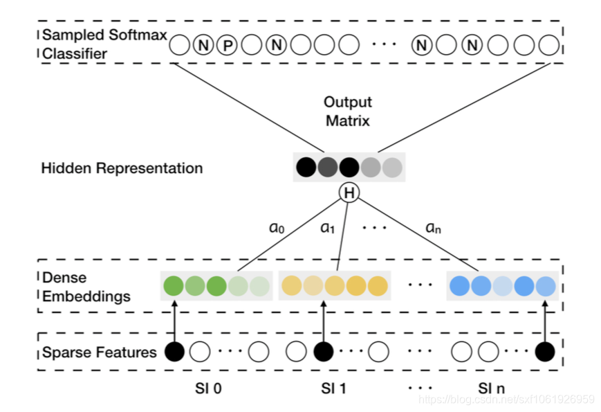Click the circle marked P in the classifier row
[x=226, y=46]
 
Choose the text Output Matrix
[x=348, y=111]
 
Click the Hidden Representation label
[x=122, y=168]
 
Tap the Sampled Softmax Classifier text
[x=104, y=44]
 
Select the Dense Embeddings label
[x=86, y=287]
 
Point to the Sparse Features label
[x=100, y=352]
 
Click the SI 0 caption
[x=207, y=388]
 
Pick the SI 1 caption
[x=333, y=388]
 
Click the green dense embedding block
[x=215, y=286]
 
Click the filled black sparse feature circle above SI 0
[x=174, y=352]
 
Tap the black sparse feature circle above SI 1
[x=323, y=352]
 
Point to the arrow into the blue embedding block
[x=546, y=323]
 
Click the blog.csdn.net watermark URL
[x=507, y=400]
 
